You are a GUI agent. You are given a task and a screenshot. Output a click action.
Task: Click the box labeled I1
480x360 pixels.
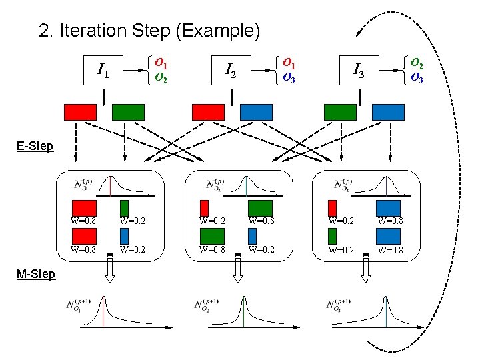104,69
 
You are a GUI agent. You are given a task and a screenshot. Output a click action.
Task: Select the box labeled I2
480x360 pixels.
231,69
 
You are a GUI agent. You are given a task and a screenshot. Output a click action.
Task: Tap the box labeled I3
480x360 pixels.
359,69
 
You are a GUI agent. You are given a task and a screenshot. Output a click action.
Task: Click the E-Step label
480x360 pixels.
35,146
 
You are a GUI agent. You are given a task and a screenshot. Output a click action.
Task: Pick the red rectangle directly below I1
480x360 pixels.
80,112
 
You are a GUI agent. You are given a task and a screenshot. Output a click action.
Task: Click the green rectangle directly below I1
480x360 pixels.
128,112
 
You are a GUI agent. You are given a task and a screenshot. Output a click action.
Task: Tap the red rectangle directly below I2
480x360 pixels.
208,112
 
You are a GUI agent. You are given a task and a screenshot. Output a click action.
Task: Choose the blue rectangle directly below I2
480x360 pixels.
256,112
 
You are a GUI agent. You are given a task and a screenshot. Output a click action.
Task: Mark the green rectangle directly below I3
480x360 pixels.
339,112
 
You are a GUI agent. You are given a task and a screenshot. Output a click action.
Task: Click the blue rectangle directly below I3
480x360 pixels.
387,112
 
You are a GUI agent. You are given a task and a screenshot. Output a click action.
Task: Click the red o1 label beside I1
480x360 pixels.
161,62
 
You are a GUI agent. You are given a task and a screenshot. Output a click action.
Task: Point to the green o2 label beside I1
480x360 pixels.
161,77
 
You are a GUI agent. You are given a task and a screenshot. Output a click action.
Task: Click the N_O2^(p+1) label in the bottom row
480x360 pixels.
211,306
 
